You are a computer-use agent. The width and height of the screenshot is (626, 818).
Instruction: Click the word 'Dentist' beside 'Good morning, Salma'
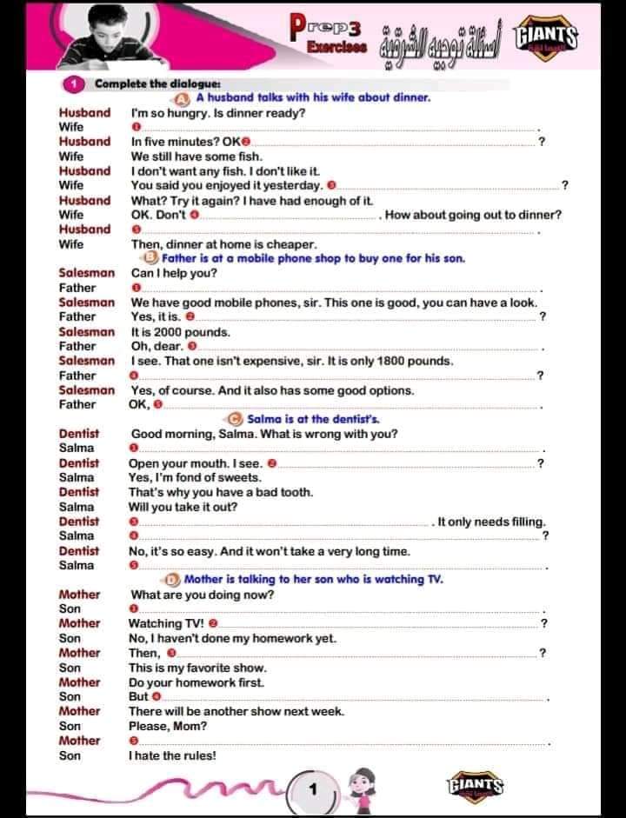point(79,434)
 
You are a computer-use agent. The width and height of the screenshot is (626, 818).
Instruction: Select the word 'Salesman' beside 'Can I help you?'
point(87,273)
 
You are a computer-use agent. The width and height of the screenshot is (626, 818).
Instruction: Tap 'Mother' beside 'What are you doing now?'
point(80,595)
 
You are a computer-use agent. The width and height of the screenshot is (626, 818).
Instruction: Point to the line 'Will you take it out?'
point(183,507)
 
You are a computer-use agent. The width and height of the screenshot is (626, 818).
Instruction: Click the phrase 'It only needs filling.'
point(492,522)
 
